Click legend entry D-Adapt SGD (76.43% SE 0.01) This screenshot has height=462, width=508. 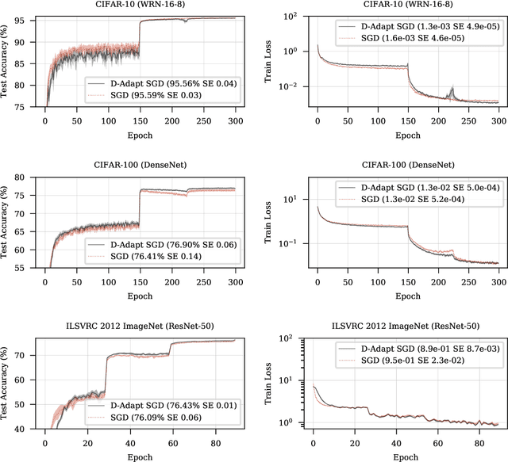coord(167,404)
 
